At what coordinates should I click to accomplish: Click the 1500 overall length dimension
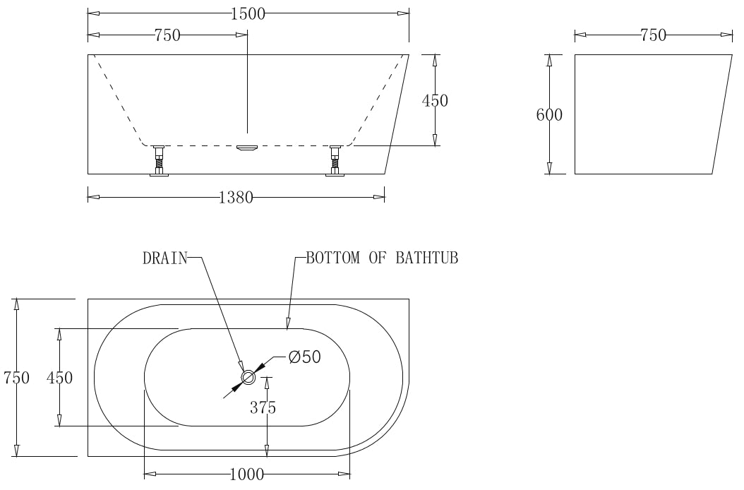click(x=248, y=13)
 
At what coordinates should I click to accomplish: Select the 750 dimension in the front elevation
click(x=167, y=35)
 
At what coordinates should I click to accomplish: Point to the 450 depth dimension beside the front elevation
click(x=435, y=100)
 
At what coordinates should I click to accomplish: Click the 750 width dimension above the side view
click(x=653, y=35)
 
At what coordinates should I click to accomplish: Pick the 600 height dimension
click(x=549, y=115)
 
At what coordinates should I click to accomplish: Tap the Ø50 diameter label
click(x=304, y=357)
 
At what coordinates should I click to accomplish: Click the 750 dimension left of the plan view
click(x=16, y=378)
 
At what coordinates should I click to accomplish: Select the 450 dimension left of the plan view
click(x=59, y=378)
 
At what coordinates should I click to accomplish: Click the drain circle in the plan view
click(x=248, y=378)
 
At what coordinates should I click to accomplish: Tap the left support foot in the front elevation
click(x=159, y=162)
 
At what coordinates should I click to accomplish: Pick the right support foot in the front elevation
click(x=335, y=162)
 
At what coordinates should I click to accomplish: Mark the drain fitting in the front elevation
click(x=247, y=148)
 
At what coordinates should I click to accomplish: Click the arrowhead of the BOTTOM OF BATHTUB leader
click(x=288, y=324)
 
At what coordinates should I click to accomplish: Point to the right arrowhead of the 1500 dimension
click(x=403, y=13)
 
